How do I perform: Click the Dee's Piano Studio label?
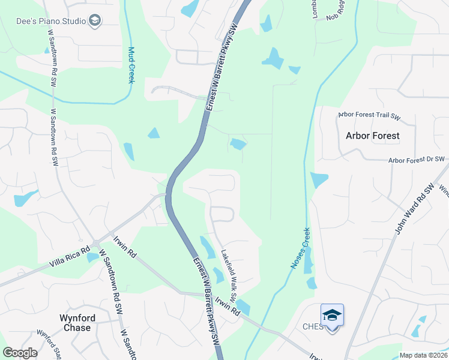[x=50, y=21]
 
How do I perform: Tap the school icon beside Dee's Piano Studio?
[x=94, y=21]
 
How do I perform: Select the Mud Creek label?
[x=131, y=65]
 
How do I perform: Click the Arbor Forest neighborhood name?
[x=372, y=136]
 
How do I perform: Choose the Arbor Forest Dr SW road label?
[x=416, y=160]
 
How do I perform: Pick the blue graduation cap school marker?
[x=332, y=316]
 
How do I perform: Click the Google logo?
[x=20, y=353]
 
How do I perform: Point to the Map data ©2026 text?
[x=424, y=355]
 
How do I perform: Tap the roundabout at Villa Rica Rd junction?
[x=96, y=244]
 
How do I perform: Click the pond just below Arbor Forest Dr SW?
[x=319, y=179]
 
